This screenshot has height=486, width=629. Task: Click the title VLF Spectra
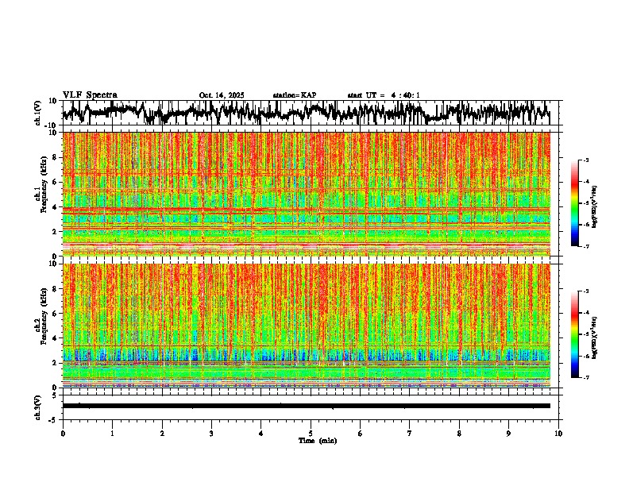point(90,94)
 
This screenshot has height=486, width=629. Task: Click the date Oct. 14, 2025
point(222,95)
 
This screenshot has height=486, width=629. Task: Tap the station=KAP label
point(294,95)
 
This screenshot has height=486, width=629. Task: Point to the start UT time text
point(384,95)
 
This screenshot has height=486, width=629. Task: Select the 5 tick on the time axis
point(311,434)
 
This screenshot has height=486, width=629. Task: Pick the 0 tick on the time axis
point(63,434)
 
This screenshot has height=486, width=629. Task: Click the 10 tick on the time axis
point(558,434)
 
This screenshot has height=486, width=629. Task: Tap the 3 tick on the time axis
point(211,434)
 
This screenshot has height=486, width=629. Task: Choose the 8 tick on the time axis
point(459,434)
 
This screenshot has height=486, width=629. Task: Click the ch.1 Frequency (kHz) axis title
point(40,193)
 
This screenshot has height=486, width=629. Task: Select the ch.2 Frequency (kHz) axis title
point(40,324)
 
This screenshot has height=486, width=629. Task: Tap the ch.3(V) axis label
point(38,406)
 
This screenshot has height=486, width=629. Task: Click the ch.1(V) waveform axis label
point(38,113)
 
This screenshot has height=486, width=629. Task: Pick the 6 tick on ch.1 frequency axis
point(56,183)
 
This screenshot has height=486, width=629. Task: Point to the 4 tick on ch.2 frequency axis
point(56,338)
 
